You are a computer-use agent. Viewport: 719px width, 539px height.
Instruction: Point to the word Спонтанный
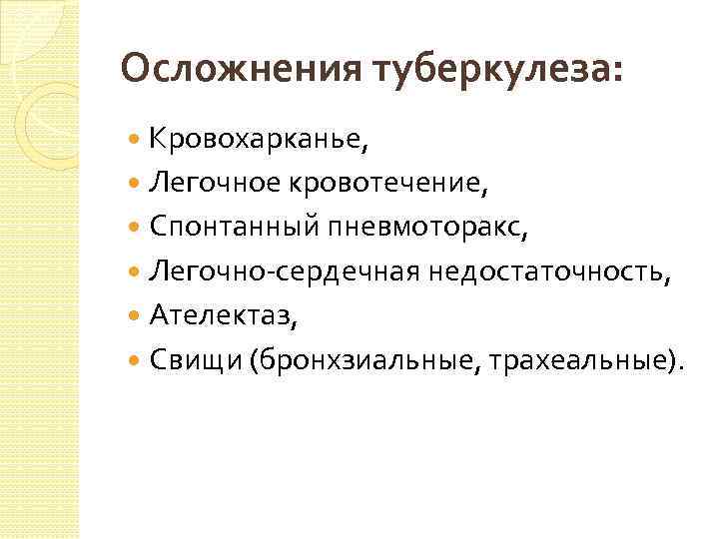pos(234,227)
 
